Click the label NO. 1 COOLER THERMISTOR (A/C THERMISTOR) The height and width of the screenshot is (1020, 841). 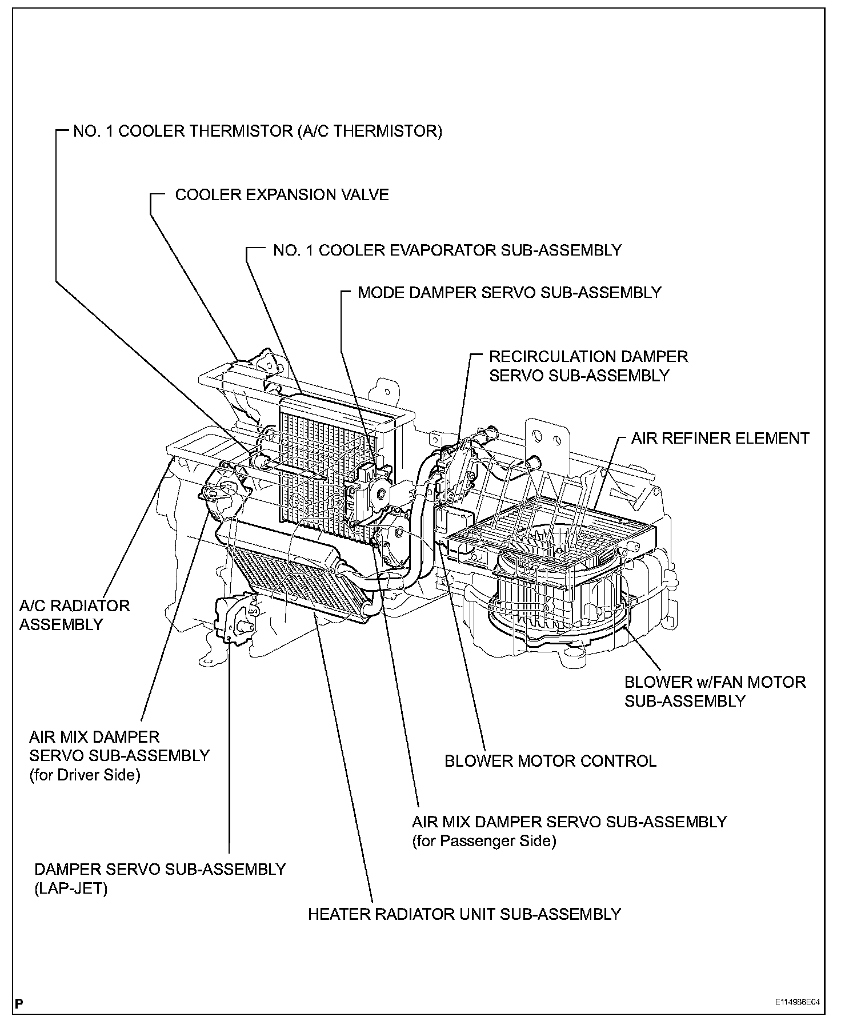[x=258, y=132]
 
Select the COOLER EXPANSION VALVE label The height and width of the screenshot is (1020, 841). [x=282, y=195]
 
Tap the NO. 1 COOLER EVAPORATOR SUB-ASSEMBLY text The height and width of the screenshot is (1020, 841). [x=447, y=250]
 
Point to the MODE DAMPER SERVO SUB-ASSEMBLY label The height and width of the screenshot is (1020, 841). [x=509, y=293]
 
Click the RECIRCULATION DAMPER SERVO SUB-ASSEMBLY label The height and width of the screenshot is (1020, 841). [x=588, y=366]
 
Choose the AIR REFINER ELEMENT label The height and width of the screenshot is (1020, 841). [x=720, y=439]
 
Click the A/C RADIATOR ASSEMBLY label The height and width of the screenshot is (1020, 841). [x=74, y=615]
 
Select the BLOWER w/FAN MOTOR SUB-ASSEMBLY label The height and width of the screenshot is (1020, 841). [x=714, y=691]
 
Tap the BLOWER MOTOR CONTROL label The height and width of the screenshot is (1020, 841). [x=550, y=761]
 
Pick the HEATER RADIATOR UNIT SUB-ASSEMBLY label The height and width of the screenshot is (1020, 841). [x=464, y=914]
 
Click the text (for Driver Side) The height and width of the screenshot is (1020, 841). [x=85, y=776]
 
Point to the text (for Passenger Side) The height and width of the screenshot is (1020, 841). [x=484, y=841]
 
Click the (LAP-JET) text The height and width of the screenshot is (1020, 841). [x=71, y=889]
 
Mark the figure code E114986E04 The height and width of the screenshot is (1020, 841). [x=797, y=1002]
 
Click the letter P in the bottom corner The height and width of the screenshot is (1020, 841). [x=20, y=1003]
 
